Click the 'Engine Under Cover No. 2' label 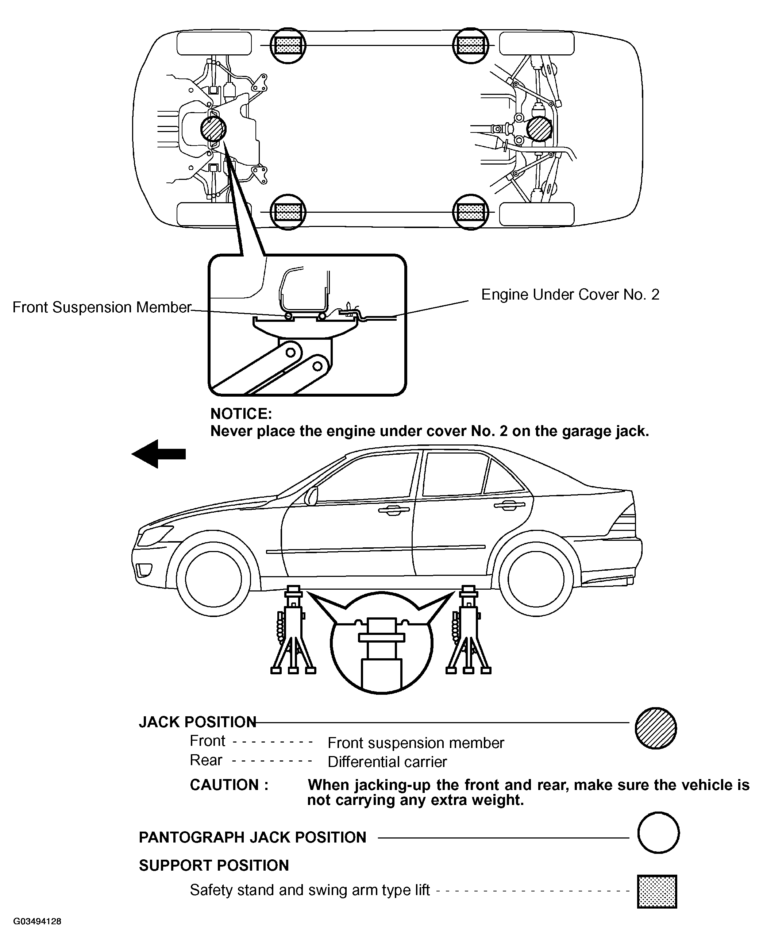click(570, 294)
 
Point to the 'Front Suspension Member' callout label click(101, 307)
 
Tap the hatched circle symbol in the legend click(656, 728)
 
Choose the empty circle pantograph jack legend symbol click(658, 832)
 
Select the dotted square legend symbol click(656, 891)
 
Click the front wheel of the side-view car click(213, 578)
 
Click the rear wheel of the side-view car click(536, 578)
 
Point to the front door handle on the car click(393, 510)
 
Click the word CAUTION click(229, 785)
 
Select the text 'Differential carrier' click(387, 762)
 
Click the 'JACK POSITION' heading click(197, 722)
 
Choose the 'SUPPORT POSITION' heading click(214, 866)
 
